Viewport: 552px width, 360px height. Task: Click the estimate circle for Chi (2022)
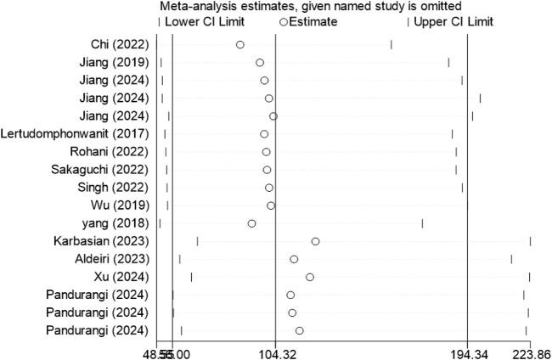pos(240,44)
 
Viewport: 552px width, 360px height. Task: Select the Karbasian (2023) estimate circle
pos(315,241)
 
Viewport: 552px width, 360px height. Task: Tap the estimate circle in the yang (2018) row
pos(251,223)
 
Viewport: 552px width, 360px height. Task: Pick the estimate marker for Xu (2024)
pos(310,277)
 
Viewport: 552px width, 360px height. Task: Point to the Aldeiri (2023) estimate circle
pos(294,259)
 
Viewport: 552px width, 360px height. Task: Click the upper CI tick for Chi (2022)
pos(391,44)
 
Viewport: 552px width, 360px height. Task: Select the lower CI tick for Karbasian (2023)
pos(197,241)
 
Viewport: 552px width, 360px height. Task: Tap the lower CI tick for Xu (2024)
pos(191,277)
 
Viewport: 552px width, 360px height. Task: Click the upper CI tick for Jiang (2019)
pos(448,62)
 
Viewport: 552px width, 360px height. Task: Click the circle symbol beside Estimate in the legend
pos(284,20)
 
